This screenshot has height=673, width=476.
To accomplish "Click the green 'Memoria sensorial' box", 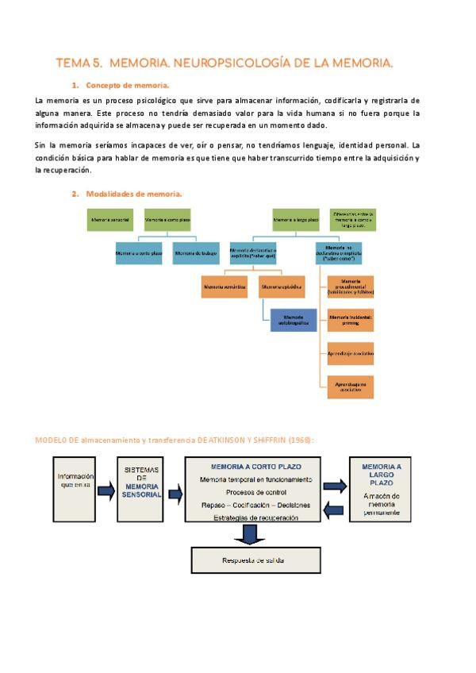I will click(110, 220).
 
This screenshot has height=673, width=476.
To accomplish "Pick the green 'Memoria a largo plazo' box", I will click(295, 220).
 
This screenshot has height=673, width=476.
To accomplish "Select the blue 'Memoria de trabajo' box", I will click(196, 253).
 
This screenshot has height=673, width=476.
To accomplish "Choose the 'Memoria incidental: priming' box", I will click(351, 319).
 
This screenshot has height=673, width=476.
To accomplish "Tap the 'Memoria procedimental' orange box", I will click(351, 287).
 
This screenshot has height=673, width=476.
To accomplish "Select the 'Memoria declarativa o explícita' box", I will click(253, 253).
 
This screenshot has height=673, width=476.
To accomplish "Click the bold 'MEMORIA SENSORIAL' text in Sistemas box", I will click(142, 489).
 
